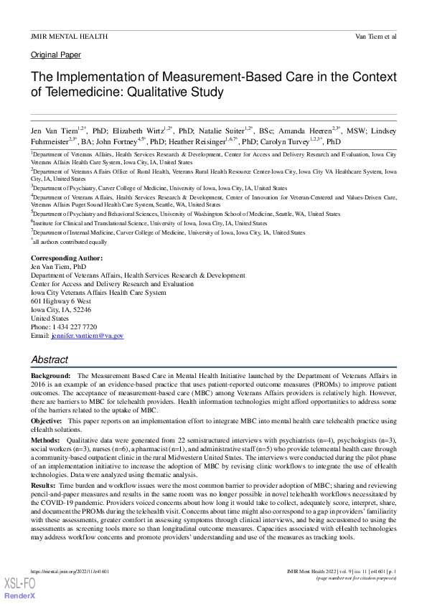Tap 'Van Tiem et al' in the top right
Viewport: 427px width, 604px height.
pyautogui.click(x=376, y=36)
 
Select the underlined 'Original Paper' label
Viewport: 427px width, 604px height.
pyautogui.click(x=56, y=55)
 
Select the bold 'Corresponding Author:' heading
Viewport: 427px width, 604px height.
pyautogui.click(x=67, y=258)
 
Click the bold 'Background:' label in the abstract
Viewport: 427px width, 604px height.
pyautogui.click(x=50, y=375)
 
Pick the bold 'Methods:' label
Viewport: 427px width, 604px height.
pyautogui.click(x=45, y=438)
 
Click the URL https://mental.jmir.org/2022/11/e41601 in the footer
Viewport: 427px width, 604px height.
pyautogui.click(x=70, y=571)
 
